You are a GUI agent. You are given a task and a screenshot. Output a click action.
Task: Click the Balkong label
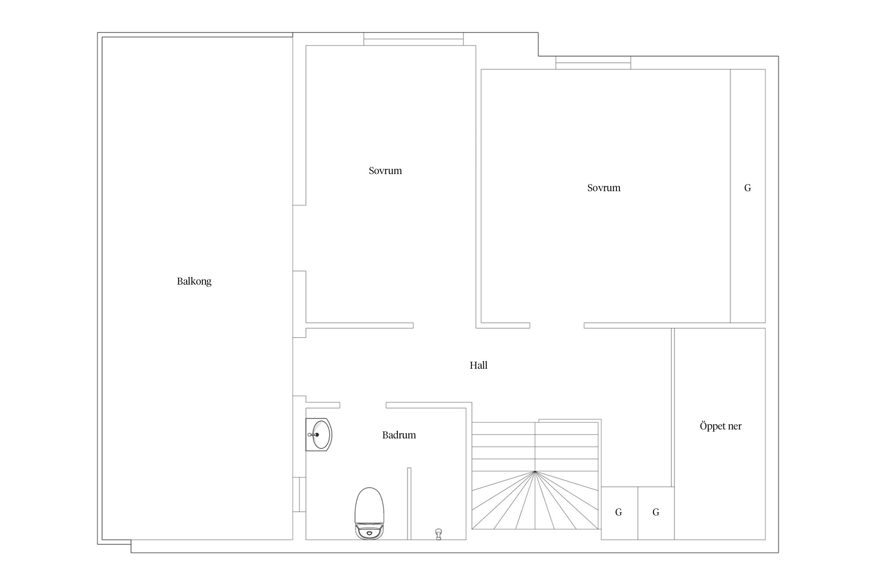pyautogui.click(x=194, y=281)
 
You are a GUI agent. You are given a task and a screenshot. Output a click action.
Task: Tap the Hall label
pyautogui.click(x=478, y=365)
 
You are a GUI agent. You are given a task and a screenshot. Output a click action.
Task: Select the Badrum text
pyautogui.click(x=399, y=435)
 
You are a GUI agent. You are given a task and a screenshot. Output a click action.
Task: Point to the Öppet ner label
pyautogui.click(x=721, y=426)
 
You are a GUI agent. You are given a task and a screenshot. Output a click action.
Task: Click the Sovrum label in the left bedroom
pyautogui.click(x=385, y=171)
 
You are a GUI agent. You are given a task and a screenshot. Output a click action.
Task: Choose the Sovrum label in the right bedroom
pyautogui.click(x=604, y=188)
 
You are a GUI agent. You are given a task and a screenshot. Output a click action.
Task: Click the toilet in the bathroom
pyautogui.click(x=369, y=513)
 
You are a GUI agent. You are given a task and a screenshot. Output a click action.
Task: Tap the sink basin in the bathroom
pyautogui.click(x=320, y=434)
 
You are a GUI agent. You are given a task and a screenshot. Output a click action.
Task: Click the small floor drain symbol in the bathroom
pyautogui.click(x=439, y=534)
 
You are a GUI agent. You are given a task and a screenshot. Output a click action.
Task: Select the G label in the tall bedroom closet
pyautogui.click(x=747, y=188)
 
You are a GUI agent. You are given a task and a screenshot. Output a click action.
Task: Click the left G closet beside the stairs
pyautogui.click(x=619, y=513)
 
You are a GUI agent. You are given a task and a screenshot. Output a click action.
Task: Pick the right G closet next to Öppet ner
pyautogui.click(x=656, y=513)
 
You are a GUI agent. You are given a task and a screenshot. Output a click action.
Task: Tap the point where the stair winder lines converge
pyautogui.click(x=535, y=471)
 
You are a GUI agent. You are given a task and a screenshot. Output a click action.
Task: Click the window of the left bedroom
pyautogui.click(x=413, y=39)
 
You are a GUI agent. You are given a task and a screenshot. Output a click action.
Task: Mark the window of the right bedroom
pyautogui.click(x=593, y=63)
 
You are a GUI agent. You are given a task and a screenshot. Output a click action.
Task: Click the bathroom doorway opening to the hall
pyautogui.click(x=363, y=405)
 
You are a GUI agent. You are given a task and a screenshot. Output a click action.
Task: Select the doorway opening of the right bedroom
pyautogui.click(x=557, y=325)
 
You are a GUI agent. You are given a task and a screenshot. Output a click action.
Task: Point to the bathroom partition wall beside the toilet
pyautogui.click(x=409, y=504)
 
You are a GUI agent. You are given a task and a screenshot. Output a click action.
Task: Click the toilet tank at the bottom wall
pyautogui.click(x=369, y=531)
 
